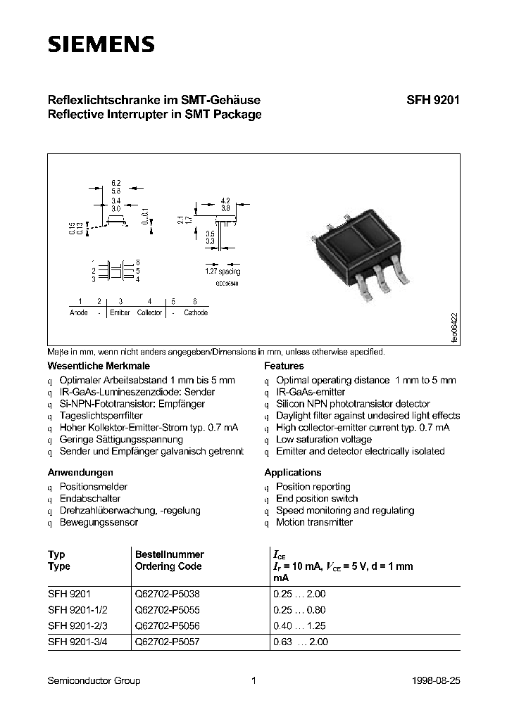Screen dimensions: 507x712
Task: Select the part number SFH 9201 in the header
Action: coord(432,100)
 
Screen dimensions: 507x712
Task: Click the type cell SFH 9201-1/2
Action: coord(77,610)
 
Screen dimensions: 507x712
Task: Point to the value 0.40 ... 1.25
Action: coord(299,626)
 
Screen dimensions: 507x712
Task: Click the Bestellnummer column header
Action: coord(169,554)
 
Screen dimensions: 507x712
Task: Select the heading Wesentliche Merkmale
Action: coord(99,366)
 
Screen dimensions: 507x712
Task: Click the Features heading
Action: coord(284,366)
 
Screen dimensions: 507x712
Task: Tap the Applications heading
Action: coord(292,472)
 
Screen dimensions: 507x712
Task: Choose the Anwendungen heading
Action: coord(80,472)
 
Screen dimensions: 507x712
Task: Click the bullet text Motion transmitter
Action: coord(314,522)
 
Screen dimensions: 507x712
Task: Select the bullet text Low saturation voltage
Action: coord(324,440)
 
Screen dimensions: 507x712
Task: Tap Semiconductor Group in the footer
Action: coord(94,680)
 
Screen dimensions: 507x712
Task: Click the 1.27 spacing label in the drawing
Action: coord(223,272)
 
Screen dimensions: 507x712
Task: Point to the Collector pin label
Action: coord(149,312)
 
